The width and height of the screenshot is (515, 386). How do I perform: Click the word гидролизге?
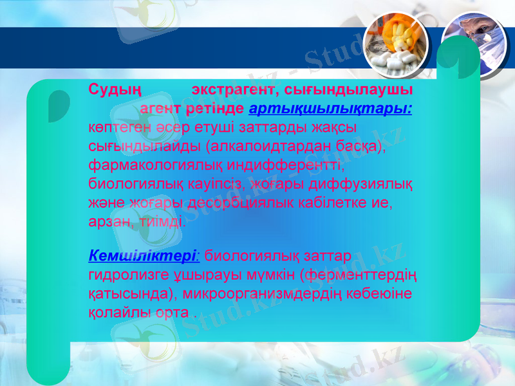point(122,275)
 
